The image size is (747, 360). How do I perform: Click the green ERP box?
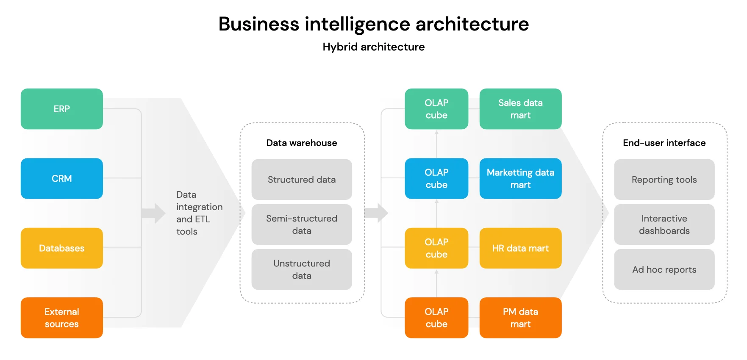[x=62, y=109]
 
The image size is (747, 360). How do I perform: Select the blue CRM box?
[x=62, y=178]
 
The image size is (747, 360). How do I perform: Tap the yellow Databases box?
[x=62, y=248]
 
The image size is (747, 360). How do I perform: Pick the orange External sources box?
[x=62, y=318]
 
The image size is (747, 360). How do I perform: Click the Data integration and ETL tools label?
[x=199, y=213]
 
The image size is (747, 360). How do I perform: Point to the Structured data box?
[x=302, y=180]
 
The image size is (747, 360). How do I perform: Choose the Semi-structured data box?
[x=302, y=224]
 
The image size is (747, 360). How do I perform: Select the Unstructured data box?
[x=302, y=269]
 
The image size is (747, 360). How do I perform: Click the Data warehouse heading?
[x=302, y=143]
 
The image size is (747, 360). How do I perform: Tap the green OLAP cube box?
[x=436, y=109]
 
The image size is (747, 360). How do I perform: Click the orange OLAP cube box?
[x=436, y=318]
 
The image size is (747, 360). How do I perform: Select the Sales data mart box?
[x=520, y=109]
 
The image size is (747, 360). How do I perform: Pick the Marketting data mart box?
[x=520, y=178]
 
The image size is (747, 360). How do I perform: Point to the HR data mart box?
[x=520, y=248]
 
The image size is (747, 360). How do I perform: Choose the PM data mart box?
[x=520, y=318]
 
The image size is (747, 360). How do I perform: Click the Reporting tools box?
[x=664, y=180]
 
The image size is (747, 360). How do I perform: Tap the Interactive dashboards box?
[x=664, y=224]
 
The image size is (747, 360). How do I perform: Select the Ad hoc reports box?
[x=664, y=269]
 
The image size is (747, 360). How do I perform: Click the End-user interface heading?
[x=664, y=143]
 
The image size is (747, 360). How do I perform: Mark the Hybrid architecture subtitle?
[x=373, y=47]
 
